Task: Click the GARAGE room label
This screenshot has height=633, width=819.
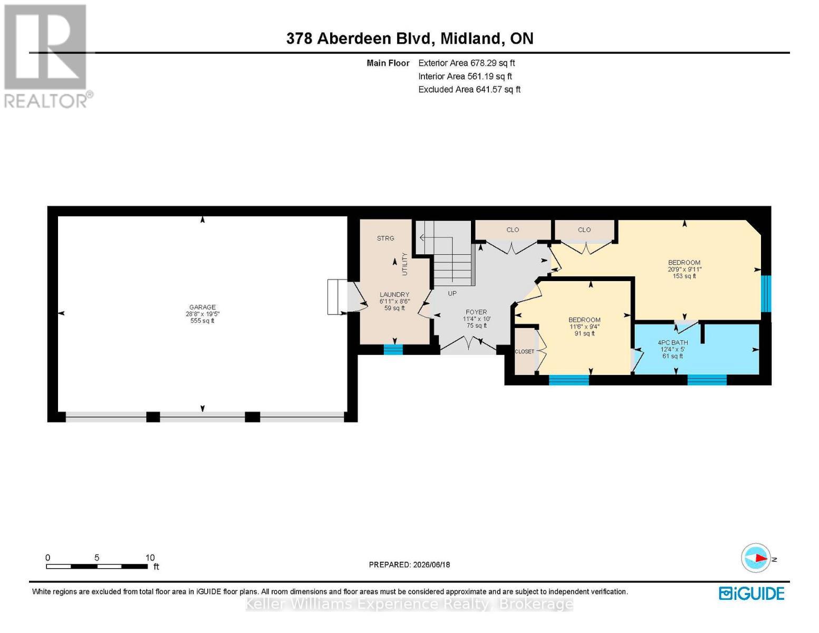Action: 203,307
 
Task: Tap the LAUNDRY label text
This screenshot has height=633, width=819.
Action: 394,294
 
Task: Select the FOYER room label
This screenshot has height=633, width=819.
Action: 476,312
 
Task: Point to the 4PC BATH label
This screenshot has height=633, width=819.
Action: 673,343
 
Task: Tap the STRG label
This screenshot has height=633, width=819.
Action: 386,238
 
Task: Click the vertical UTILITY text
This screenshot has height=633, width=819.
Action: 405,264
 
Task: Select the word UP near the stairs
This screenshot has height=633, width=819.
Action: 452,293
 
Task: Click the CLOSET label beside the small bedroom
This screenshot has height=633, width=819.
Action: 524,351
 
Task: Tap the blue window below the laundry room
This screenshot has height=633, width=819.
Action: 393,350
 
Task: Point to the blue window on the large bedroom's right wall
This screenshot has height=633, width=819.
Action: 766,294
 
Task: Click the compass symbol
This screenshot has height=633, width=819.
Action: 756,558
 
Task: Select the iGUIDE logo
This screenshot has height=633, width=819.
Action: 751,593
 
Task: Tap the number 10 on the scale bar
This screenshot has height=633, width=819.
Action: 150,558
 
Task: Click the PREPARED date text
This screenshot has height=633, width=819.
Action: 409,564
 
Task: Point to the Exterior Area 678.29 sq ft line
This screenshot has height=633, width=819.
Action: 467,63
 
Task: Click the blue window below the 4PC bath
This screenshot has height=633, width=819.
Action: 707,380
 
